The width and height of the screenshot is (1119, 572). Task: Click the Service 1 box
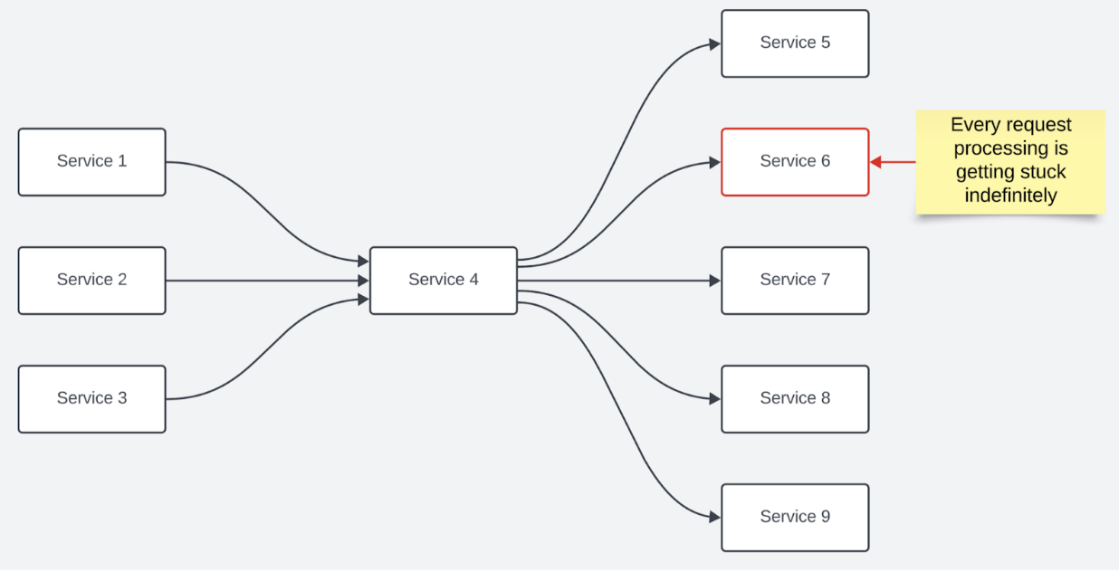click(92, 162)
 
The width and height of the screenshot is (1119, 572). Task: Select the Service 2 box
click(92, 281)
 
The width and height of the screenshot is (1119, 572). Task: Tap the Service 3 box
click(92, 398)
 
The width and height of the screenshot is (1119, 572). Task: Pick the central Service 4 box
click(444, 281)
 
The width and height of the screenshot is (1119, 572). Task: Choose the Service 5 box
click(795, 43)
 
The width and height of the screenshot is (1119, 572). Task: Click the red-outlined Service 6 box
click(795, 162)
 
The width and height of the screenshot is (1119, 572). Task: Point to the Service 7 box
click(795, 281)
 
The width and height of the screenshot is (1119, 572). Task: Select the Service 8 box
click(795, 398)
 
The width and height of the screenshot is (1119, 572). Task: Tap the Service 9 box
click(795, 518)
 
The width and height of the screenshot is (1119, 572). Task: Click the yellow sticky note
click(1010, 162)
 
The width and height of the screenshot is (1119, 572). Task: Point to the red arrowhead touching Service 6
click(875, 162)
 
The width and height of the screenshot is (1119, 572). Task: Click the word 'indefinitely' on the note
click(1010, 195)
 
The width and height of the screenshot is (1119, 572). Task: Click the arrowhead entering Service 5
click(715, 44)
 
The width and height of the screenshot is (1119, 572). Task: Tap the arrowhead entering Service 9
click(715, 517)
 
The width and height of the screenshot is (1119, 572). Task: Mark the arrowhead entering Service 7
click(715, 281)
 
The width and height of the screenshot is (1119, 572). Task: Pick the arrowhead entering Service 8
click(715, 398)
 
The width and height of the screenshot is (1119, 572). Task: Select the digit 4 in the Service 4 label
click(473, 280)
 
